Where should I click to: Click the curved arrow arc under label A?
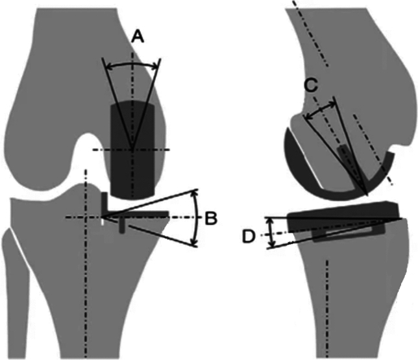[132, 64]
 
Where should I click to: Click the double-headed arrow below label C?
[319, 111]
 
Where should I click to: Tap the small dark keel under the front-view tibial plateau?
[121, 224]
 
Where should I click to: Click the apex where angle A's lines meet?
[132, 149]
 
